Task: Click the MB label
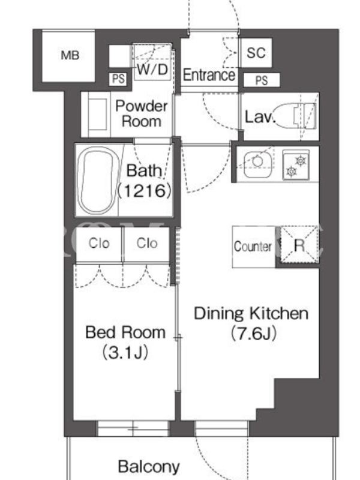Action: click(x=70, y=55)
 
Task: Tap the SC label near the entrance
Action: click(x=256, y=53)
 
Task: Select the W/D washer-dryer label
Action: click(x=152, y=70)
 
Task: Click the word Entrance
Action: click(x=209, y=75)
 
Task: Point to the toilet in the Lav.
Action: click(x=295, y=115)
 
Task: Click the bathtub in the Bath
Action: click(x=96, y=180)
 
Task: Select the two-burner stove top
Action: click(x=296, y=164)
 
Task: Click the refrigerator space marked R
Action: click(x=299, y=245)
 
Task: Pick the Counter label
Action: click(x=253, y=247)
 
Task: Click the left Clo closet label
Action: click(x=99, y=244)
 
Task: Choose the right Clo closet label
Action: click(x=147, y=244)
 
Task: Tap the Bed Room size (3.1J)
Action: click(x=125, y=352)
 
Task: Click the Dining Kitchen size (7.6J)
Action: click(x=253, y=334)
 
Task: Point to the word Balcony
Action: click(x=149, y=467)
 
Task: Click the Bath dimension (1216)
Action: click(x=145, y=191)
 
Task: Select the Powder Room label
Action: click(x=142, y=113)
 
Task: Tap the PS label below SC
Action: click(x=262, y=80)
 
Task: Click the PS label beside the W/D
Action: click(x=118, y=79)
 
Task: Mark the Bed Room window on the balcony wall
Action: click(x=133, y=428)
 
